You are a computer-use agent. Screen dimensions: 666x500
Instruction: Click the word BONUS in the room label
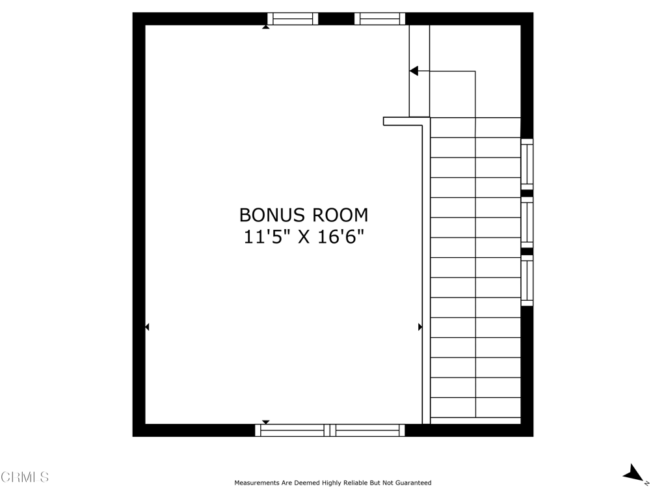coord(272,215)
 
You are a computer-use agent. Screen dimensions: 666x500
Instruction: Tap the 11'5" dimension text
coord(267,236)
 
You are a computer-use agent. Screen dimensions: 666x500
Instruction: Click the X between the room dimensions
coord(304,237)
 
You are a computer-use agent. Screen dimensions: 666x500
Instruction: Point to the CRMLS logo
coord(25,477)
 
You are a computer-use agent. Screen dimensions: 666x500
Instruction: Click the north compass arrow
coord(633,473)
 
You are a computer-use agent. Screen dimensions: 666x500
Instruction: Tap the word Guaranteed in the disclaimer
coord(413,482)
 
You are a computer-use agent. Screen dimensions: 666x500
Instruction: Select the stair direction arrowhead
coord(414,71)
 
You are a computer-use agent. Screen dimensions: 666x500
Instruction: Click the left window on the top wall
coord(293,19)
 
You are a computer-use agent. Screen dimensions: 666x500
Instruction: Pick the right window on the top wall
coord(380,19)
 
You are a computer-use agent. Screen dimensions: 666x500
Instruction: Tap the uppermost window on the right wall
coord(527,164)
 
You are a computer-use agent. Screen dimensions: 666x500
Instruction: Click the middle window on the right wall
coord(527,223)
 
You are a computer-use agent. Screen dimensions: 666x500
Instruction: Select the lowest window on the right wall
coord(527,280)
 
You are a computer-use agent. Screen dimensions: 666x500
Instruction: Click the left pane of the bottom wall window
coord(292,430)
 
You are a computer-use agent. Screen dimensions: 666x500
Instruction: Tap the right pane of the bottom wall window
coord(367,430)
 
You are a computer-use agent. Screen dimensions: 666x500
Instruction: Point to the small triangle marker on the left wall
coord(147,327)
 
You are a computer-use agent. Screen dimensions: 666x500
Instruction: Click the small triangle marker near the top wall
coord(266,27)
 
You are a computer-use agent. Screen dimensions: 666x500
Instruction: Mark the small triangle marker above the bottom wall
coord(266,422)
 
